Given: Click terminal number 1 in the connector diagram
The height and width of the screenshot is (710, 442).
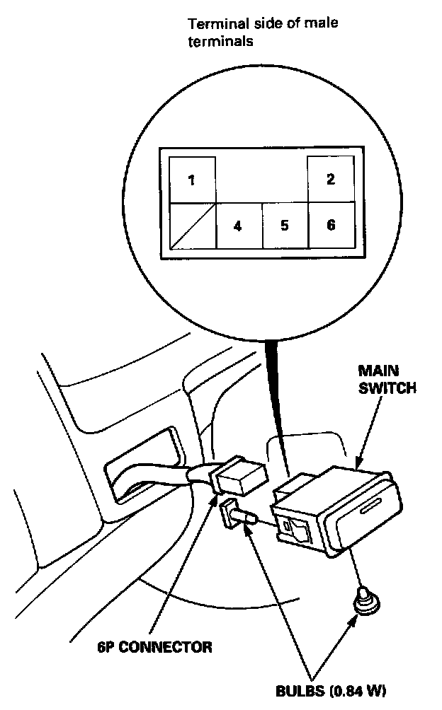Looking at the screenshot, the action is [191, 180].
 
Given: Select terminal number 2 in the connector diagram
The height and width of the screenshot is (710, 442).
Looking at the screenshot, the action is [330, 179].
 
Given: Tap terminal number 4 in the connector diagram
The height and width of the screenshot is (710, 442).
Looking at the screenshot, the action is [238, 226].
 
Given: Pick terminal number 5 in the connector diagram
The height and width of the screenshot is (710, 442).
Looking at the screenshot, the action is [284, 226].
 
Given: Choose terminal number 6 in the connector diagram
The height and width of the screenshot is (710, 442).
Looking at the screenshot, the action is [330, 226].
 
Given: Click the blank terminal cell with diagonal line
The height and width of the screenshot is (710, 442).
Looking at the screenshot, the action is [192, 226].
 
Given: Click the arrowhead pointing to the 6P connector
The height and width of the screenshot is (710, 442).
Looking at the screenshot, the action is [216, 500].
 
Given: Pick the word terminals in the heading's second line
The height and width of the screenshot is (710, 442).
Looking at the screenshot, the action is [220, 42].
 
